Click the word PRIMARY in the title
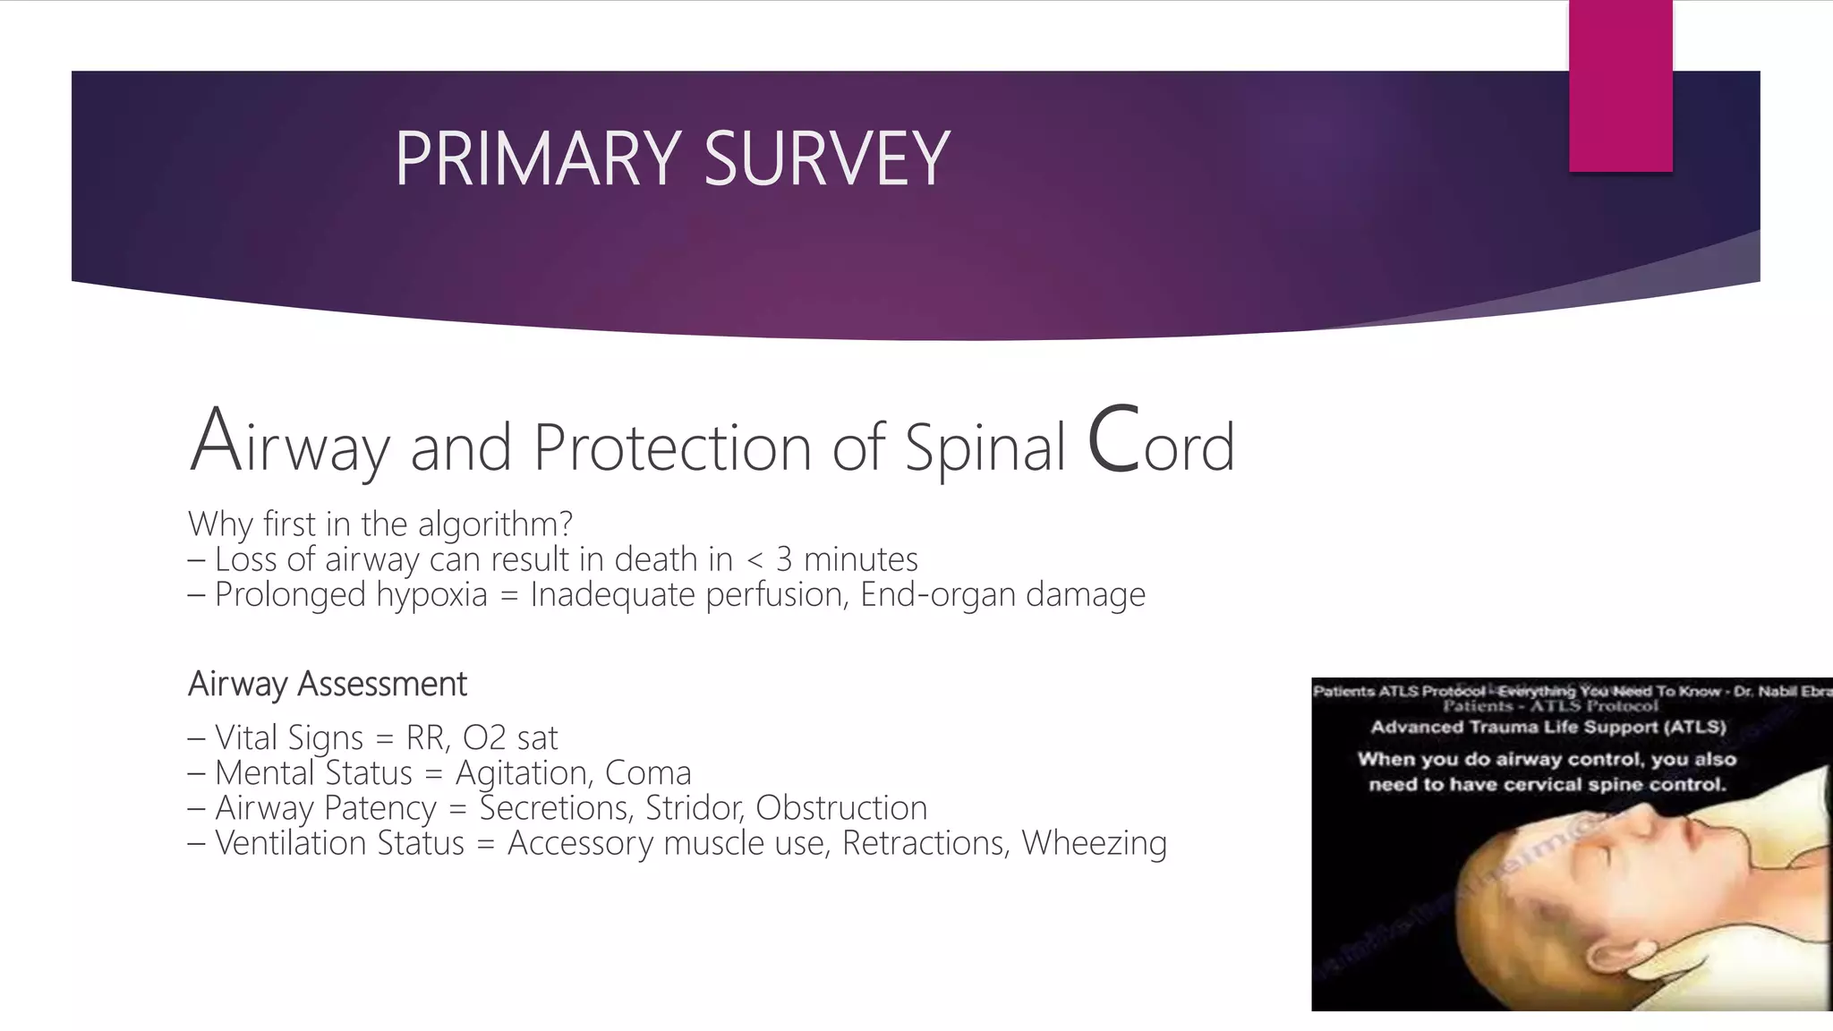538,159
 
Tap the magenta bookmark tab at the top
1620,85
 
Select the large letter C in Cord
1114,440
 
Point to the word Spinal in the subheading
985,447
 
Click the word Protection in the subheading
671,447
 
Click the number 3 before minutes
784,560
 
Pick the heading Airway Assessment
328,685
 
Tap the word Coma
648,773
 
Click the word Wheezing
1094,843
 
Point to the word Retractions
925,843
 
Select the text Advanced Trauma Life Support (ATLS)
1548,727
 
